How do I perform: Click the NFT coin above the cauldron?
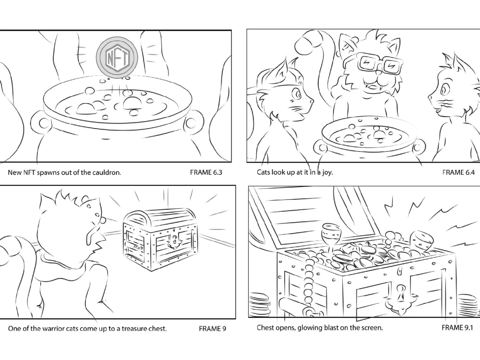117,58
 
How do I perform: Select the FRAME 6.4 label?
458,172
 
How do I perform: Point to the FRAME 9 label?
212,329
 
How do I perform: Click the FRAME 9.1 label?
457,328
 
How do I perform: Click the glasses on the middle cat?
379,64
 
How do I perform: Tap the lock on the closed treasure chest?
171,240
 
